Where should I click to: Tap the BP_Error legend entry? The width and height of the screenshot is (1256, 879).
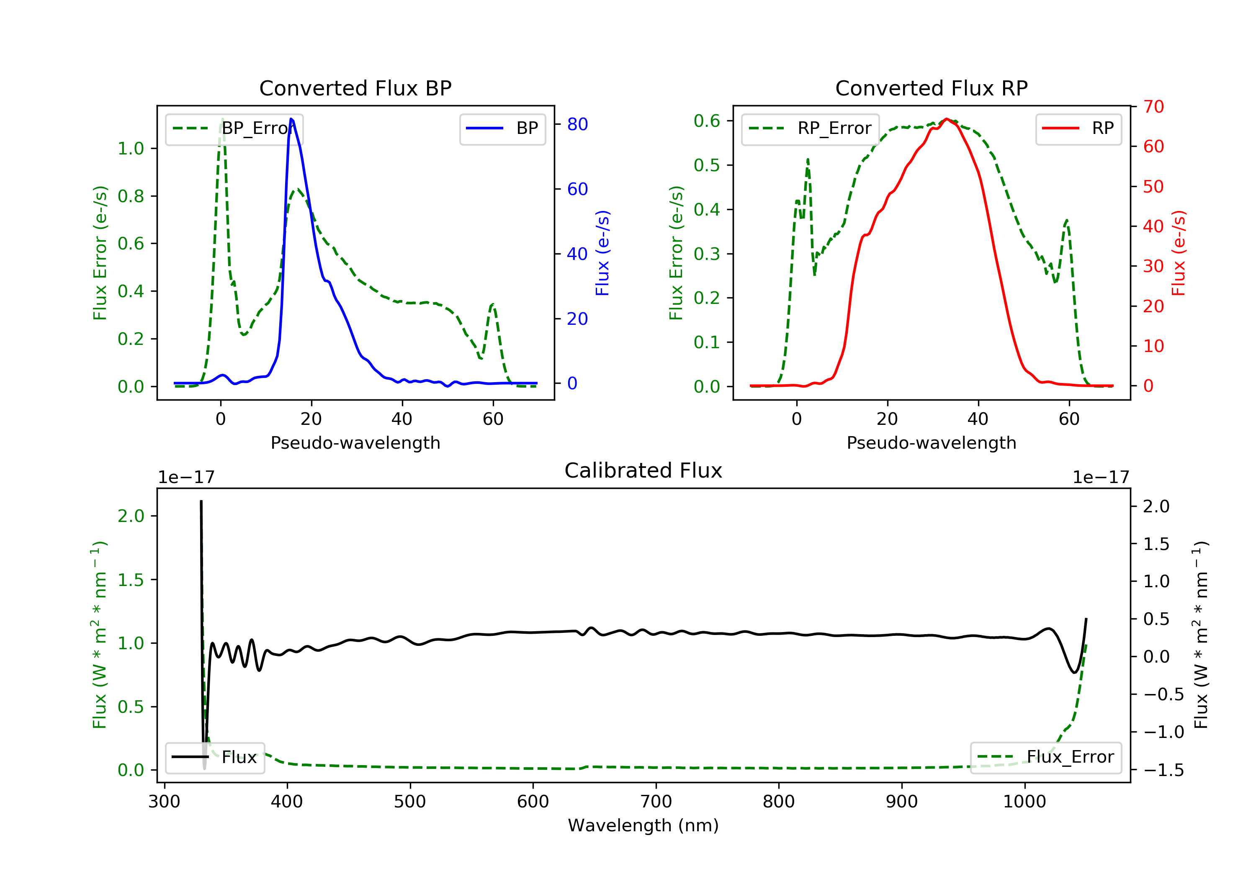tap(234, 129)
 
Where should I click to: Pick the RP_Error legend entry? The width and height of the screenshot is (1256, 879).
tap(810, 129)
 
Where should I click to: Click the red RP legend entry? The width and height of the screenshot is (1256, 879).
tap(1078, 129)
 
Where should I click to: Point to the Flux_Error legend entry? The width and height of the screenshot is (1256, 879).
tap(1045, 757)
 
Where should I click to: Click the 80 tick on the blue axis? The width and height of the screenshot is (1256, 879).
tap(577, 125)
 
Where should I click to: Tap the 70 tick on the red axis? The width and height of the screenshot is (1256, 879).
tap(1153, 107)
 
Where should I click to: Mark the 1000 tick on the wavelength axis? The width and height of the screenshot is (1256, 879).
tap(1024, 802)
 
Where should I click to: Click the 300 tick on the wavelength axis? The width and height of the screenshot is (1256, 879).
tap(164, 802)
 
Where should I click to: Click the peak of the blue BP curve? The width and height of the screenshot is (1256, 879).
tap(291, 119)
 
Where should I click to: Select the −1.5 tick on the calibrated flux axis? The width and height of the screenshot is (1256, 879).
tap(1163, 770)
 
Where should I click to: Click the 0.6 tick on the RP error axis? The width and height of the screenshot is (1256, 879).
tap(707, 121)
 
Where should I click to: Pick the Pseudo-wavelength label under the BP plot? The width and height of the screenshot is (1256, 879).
tap(355, 443)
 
